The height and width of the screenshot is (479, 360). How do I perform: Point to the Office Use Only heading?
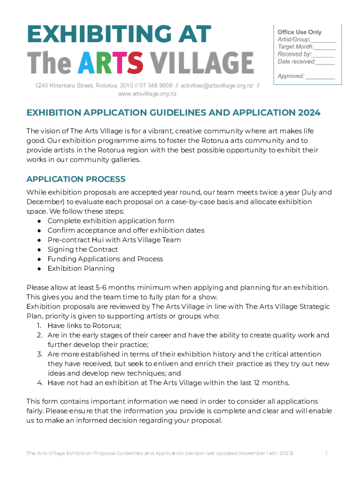tap(300, 32)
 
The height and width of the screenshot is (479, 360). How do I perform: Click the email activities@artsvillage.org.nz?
tap(217, 86)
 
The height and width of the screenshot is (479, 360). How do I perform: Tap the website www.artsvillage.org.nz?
tap(147, 94)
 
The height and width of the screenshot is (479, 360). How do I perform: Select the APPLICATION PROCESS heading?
tap(76, 179)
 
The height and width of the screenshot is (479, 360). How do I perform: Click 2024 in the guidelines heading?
tap(304, 113)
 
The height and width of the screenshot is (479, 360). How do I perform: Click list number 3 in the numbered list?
tap(40, 355)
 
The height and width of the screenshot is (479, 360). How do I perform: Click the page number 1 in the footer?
tap(326, 453)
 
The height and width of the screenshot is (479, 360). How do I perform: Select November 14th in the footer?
tap(255, 453)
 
